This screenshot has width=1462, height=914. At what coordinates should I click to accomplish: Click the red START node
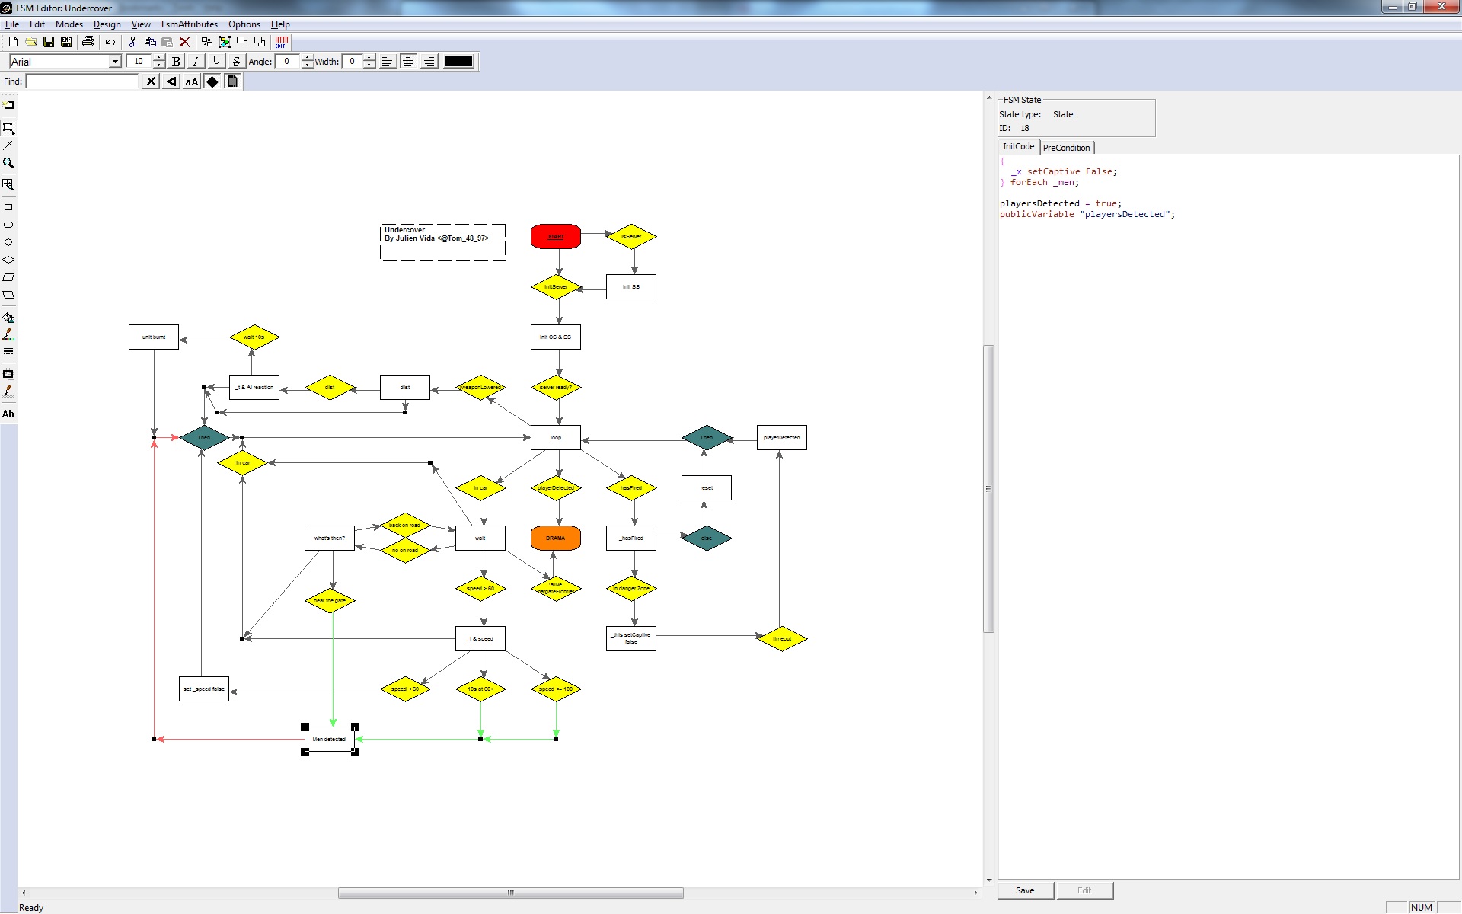point(556,236)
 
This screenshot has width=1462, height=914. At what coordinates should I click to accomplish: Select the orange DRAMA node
point(556,538)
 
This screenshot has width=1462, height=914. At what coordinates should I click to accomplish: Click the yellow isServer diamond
point(631,236)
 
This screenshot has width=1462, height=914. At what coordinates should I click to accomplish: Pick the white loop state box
point(556,437)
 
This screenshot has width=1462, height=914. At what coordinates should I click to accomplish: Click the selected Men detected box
point(330,739)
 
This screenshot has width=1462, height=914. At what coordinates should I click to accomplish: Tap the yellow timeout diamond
point(782,638)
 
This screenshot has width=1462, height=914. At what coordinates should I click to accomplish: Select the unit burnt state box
point(154,337)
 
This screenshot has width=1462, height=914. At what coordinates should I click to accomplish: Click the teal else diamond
point(707,538)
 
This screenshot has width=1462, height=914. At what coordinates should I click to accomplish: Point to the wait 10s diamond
point(254,337)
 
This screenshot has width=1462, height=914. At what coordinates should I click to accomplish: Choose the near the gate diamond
point(330,600)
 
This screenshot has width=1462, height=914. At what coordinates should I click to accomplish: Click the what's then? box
point(330,538)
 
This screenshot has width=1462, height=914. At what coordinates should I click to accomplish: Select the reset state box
point(707,487)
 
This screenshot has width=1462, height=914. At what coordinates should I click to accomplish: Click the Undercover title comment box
point(442,242)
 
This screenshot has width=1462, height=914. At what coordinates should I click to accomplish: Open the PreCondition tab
point(1066,148)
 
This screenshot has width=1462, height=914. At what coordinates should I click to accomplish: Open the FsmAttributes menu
point(189,24)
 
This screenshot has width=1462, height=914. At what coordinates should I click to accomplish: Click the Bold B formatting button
point(176,62)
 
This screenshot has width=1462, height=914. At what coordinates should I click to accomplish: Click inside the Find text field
point(82,81)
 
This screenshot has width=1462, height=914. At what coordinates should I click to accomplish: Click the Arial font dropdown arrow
point(115,62)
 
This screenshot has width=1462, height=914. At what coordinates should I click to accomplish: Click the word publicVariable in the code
point(1036,215)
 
